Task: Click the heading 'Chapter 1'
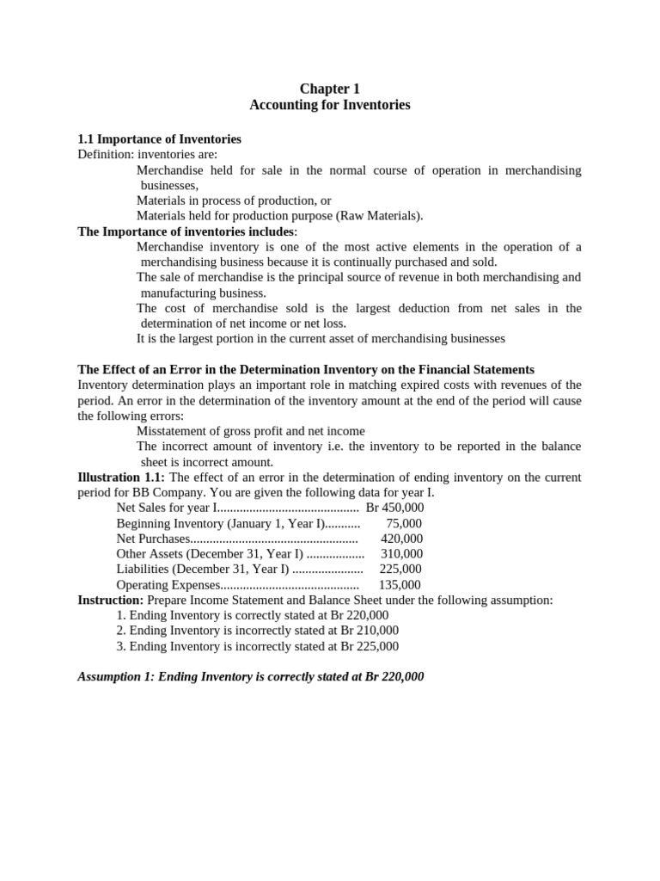[329, 89]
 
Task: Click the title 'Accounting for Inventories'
[329, 105]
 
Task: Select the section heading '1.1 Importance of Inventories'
[159, 139]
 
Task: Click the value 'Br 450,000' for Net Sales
[394, 508]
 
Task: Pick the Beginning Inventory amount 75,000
[404, 523]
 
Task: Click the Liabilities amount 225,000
[400, 570]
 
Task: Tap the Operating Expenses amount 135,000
[400, 585]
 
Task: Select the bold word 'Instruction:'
[111, 600]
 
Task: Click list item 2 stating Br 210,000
[257, 631]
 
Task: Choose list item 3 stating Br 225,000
[257, 646]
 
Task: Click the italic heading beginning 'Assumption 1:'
[250, 677]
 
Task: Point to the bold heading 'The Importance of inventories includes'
[186, 231]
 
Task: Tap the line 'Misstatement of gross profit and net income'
[250, 431]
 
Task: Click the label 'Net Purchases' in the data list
[152, 539]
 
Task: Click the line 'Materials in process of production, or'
[234, 200]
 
